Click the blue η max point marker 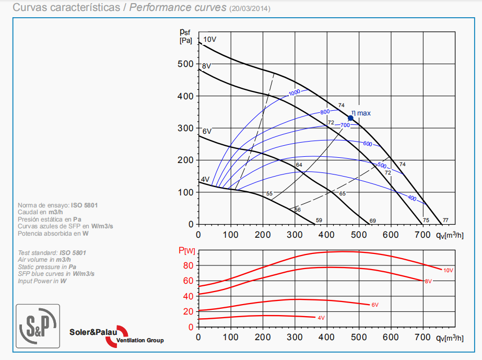coord(351,118)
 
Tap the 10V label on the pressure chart coord(209,40)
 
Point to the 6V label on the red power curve coord(374,305)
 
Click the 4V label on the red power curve coord(321,318)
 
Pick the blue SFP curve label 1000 coord(295,92)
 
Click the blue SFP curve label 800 coord(325,112)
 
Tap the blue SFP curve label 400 coord(412,199)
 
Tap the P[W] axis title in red coord(187,251)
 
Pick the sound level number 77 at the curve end coord(445,220)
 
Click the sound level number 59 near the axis coord(319,220)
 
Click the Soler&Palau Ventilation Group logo coord(116,335)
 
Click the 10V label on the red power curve coord(448,270)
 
